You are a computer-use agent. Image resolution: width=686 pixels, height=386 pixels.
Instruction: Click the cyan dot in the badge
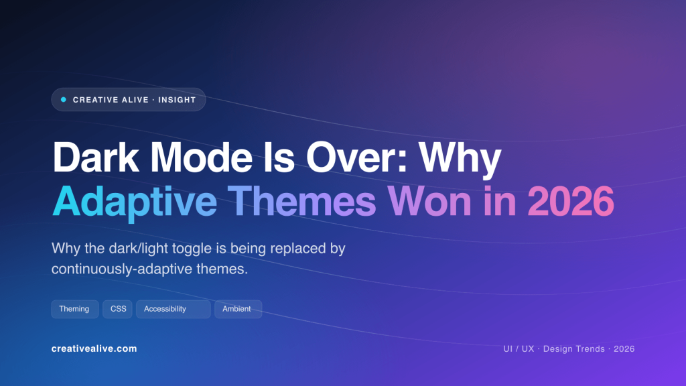[x=64, y=100]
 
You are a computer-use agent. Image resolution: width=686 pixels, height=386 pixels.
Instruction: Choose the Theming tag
[x=74, y=309]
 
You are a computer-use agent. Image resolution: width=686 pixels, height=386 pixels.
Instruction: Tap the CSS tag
[x=119, y=309]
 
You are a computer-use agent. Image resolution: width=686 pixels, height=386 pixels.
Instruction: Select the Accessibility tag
[x=165, y=309]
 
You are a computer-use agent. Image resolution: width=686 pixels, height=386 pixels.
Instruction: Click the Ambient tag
[x=237, y=309]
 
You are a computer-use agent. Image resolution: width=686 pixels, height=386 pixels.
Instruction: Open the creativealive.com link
[x=94, y=349]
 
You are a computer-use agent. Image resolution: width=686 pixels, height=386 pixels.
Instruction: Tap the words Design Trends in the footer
[x=574, y=349]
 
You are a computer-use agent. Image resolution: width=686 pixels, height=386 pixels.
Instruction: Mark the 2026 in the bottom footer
[x=624, y=349]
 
